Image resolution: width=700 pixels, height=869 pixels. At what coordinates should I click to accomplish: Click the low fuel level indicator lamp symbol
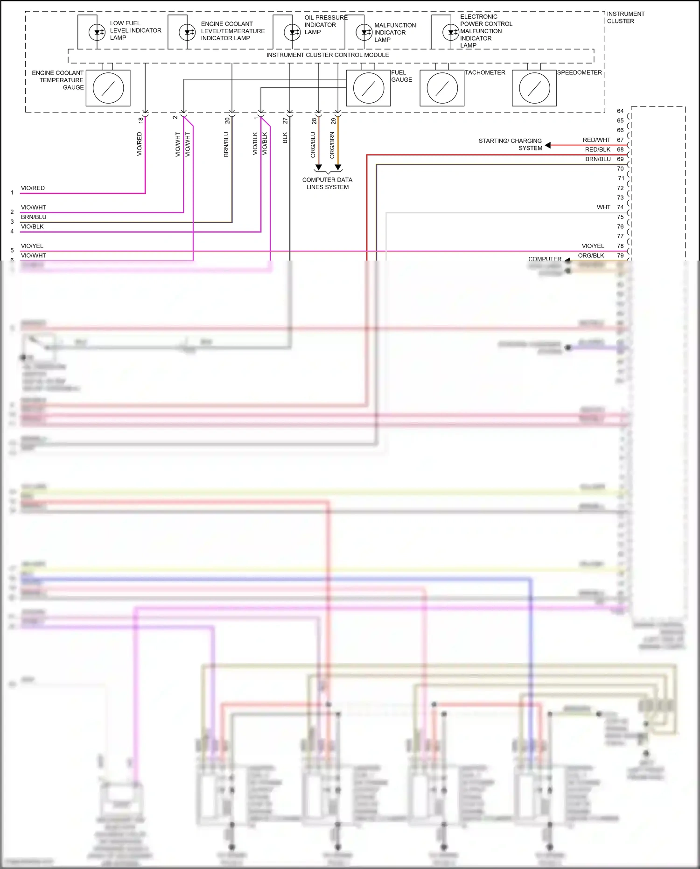click(97, 32)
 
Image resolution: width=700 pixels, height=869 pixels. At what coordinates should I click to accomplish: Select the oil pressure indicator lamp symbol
click(292, 32)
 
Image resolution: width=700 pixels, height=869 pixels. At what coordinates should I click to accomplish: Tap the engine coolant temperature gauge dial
click(108, 88)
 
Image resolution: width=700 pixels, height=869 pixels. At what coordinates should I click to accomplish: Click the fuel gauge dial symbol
click(368, 88)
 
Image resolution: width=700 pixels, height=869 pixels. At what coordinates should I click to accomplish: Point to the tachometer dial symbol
click(442, 88)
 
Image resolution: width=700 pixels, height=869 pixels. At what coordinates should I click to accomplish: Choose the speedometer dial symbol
click(534, 88)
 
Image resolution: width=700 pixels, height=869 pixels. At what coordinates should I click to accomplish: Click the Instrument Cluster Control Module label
click(328, 55)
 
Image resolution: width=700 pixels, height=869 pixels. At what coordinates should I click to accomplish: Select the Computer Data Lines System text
click(327, 184)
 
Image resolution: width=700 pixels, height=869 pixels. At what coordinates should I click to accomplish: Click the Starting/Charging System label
click(511, 144)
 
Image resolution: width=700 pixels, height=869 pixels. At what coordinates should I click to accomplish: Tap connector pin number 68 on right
click(620, 149)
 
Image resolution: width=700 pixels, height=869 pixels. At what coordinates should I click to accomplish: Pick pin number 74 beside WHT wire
click(620, 207)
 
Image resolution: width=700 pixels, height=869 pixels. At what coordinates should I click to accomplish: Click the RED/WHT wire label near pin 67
click(596, 140)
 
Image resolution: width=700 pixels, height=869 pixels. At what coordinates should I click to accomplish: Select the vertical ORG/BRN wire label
click(332, 145)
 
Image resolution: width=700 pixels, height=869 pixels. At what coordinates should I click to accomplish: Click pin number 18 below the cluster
click(140, 120)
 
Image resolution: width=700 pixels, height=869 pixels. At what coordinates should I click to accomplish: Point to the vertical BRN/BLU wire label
click(226, 144)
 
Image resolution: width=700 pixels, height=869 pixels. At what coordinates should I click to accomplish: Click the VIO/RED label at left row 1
click(33, 188)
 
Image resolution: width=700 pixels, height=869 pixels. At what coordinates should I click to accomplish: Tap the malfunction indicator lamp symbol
click(364, 32)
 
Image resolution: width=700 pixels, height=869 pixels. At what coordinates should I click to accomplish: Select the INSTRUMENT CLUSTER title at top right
click(625, 17)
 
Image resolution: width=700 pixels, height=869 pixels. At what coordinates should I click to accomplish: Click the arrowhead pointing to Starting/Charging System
click(548, 145)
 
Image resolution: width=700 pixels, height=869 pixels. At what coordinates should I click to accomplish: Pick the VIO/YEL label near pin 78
click(593, 246)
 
